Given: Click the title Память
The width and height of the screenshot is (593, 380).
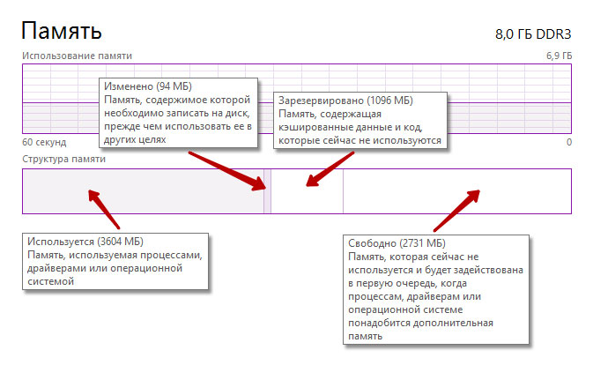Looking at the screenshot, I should click(61, 33).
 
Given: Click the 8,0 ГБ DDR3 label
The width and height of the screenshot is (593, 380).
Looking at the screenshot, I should click(533, 35).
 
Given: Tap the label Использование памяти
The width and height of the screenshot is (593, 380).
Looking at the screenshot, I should click(77, 55).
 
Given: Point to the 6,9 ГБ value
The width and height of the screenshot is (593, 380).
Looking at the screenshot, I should click(559, 56).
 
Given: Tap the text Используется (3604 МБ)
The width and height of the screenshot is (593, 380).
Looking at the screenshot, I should click(85, 242).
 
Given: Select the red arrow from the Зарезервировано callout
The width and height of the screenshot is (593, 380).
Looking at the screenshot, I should click(330, 168).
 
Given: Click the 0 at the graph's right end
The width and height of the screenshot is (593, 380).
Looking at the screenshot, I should click(568, 142).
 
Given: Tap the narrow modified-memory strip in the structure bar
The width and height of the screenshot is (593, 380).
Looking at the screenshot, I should click(267, 190).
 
